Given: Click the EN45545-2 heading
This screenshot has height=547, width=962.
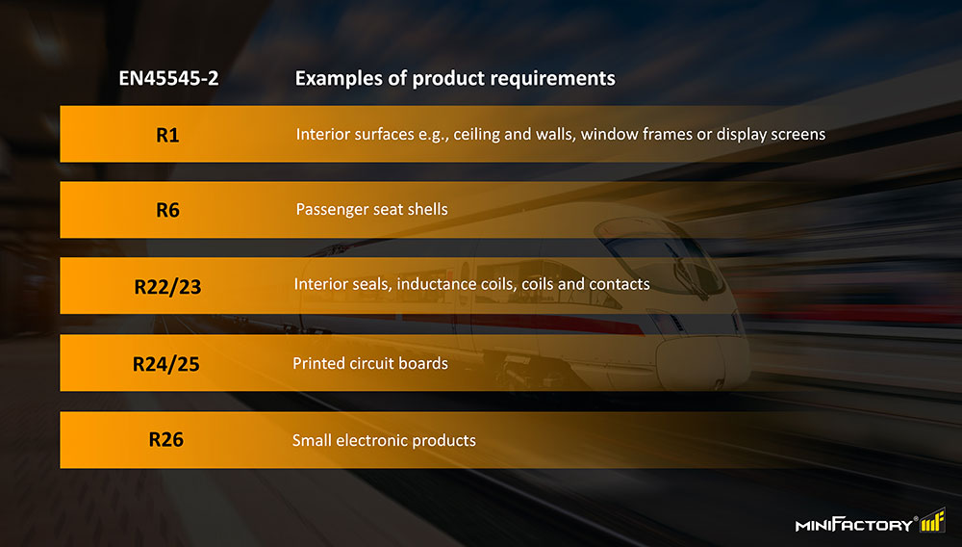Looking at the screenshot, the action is coord(168,79).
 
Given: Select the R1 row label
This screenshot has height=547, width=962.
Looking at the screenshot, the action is coord(167,135).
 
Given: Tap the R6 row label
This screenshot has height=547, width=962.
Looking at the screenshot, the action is coord(167,211).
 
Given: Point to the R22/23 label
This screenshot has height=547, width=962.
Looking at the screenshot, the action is coord(167,287).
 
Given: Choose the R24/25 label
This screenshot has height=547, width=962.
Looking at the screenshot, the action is coord(166,364).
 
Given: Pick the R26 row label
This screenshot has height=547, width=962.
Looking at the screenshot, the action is coord(166,439).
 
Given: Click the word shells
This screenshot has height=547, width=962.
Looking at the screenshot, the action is coord(428,209).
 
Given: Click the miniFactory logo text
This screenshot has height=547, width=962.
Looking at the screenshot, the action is coord(854,524).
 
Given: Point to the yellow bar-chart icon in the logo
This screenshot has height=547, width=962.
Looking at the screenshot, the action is coord(932,520).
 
